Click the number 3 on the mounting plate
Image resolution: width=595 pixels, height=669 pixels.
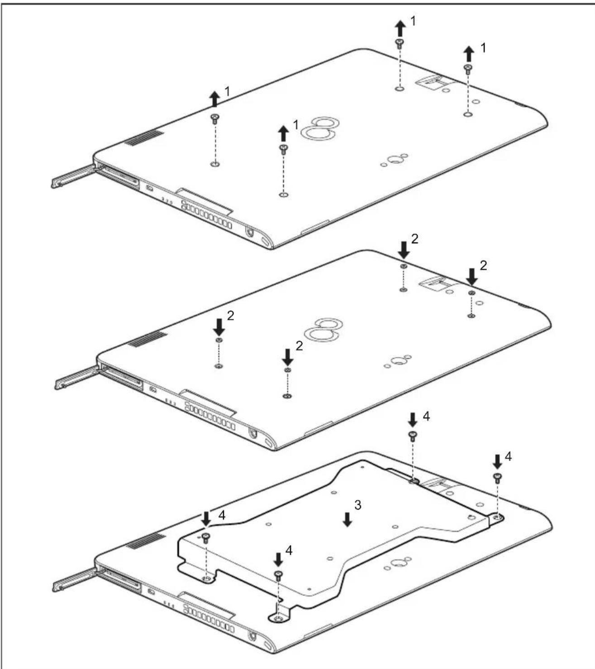(x=357, y=505)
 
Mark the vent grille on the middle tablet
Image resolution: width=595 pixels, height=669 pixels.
(x=147, y=338)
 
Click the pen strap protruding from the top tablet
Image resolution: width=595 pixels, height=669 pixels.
(x=72, y=177)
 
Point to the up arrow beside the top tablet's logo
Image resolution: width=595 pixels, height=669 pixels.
(x=283, y=134)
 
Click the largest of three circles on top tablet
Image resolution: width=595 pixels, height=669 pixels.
(x=395, y=160)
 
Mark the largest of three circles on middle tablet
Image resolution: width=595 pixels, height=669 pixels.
(x=397, y=361)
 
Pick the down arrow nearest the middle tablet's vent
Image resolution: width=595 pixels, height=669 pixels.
(x=219, y=326)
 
